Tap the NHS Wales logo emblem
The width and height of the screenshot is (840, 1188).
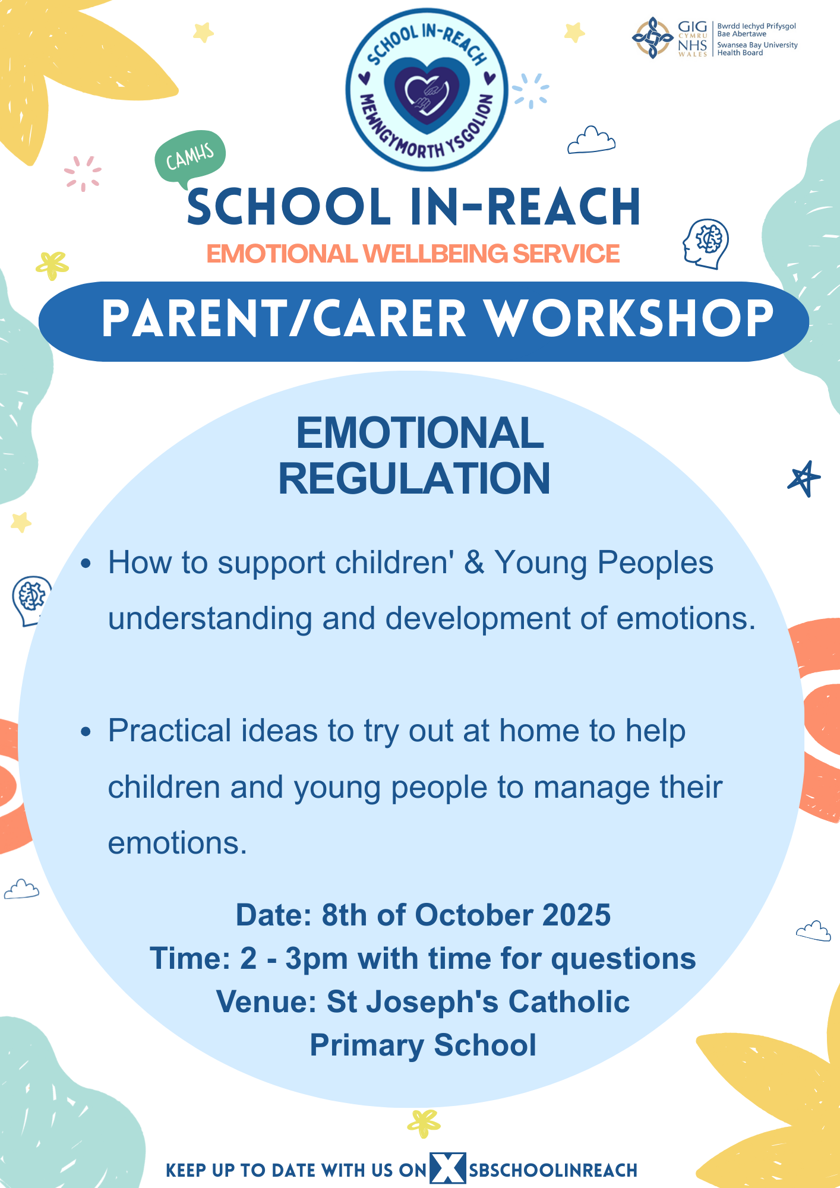tap(652, 38)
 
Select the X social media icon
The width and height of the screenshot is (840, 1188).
tap(448, 1168)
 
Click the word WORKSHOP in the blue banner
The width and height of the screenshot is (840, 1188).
tap(630, 319)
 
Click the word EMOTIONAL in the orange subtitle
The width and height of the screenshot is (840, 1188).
tap(283, 254)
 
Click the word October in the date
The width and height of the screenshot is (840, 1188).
tap(473, 915)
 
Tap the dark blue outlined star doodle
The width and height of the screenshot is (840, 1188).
tap(804, 478)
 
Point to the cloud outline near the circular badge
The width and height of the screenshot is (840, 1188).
tap(591, 140)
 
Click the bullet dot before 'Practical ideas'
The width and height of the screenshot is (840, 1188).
tap(86, 731)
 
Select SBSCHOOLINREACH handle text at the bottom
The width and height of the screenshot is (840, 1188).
tap(553, 1170)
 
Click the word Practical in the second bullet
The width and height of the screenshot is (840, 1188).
tap(170, 731)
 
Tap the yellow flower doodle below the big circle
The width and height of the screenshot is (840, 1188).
tap(424, 1123)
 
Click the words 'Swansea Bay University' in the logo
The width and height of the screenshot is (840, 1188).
tap(757, 45)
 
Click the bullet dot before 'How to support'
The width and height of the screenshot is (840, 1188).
tap(86, 563)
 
